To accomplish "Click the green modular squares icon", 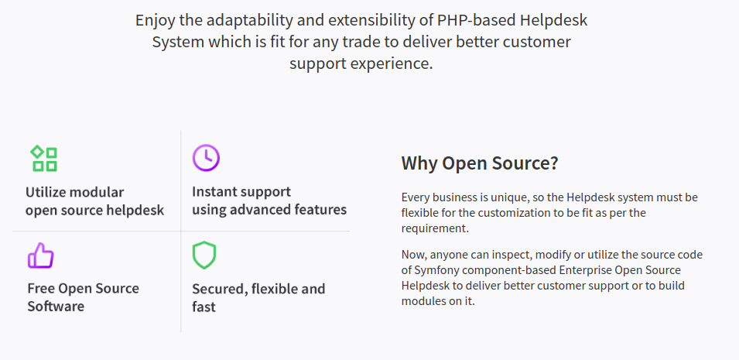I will tap(44, 158).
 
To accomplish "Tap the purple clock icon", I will tap(206, 158).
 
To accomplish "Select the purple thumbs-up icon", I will tap(41, 255).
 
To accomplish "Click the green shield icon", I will tap(204, 255).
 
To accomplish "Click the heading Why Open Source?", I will tap(480, 163).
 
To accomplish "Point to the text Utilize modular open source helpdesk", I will tap(94, 201).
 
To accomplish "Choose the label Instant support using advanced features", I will tap(269, 201).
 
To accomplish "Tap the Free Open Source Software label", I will tap(83, 297).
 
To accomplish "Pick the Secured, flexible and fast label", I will tap(258, 297).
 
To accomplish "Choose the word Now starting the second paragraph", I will tap(413, 255).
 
